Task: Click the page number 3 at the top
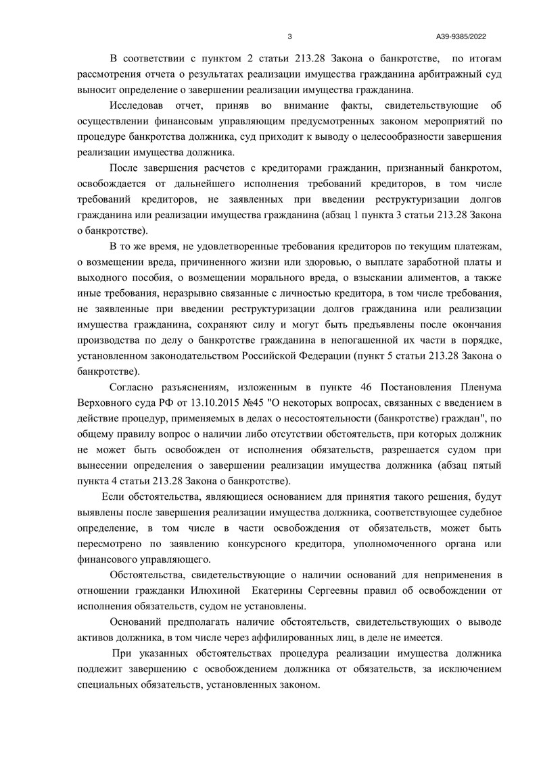coord(289,36)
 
